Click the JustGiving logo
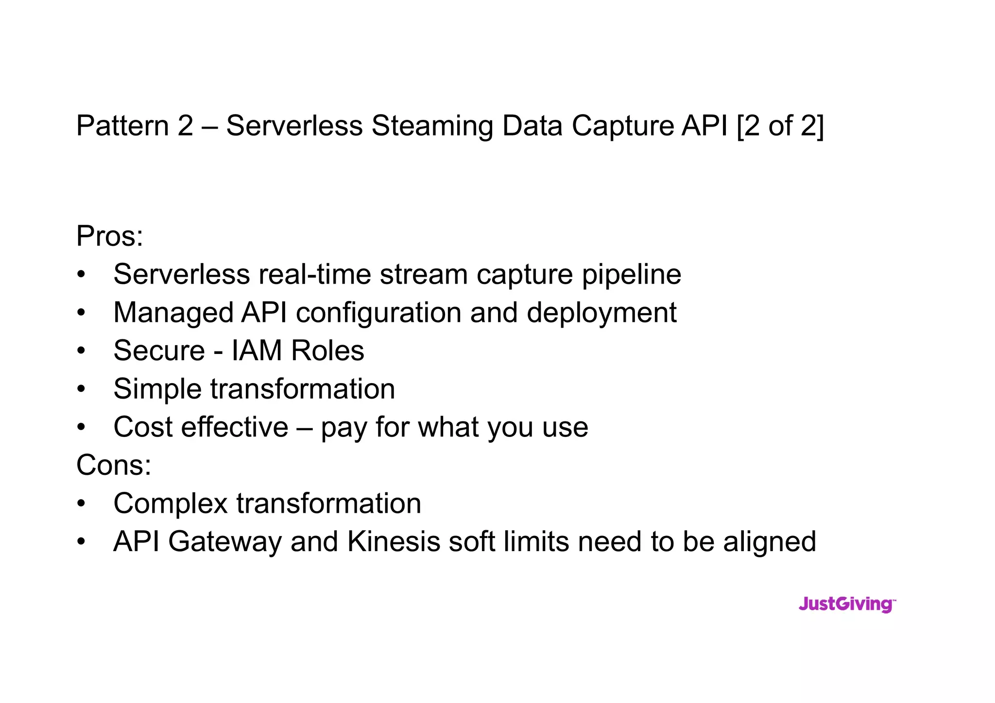[846, 604]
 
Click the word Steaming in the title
[432, 126]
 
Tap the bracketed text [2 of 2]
[780, 126]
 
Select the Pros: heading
[110, 236]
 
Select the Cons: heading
[114, 465]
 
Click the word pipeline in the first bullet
[632, 275]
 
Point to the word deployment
[601, 313]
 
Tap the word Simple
[157, 389]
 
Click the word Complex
[170, 503]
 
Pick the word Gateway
[224, 542]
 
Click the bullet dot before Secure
[81, 351]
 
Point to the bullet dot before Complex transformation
[81, 504]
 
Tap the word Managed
[173, 313]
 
